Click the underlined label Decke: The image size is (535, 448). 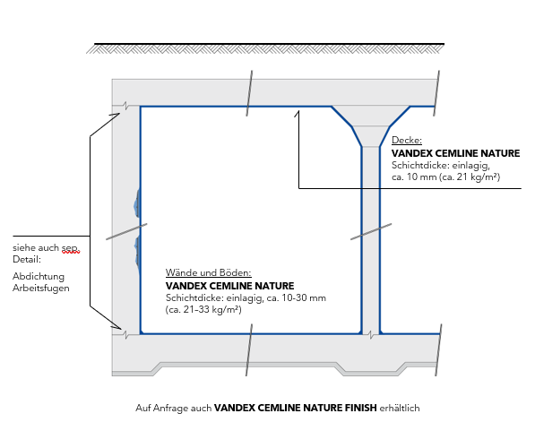pos(407,141)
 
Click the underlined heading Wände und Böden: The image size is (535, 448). pos(209,272)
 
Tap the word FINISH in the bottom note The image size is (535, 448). pos(360,408)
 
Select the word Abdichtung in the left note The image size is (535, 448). pos(39,276)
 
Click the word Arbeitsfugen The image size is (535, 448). pos(41,288)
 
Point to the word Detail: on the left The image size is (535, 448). pos(27,259)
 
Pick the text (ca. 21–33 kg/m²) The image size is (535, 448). pos(203,309)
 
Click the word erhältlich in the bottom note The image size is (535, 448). pos(400,408)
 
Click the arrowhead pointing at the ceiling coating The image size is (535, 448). pos(298,113)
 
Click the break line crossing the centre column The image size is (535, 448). pos(371,232)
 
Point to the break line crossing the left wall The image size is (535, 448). pos(126,232)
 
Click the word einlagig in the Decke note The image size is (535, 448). pos(471,166)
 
